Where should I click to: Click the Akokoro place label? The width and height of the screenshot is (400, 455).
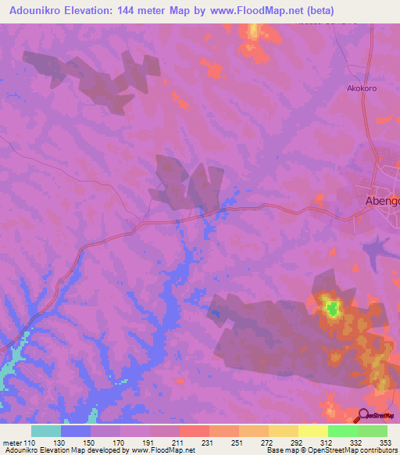coord(362,88)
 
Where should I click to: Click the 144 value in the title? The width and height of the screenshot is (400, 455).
coord(146,11)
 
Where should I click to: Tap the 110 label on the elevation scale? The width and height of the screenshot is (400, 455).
coord(30,443)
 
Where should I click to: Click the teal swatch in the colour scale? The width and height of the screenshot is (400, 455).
coord(46,431)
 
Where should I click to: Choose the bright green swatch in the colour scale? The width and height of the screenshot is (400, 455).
coord(342,431)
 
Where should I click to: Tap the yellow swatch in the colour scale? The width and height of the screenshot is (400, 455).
coord(312,431)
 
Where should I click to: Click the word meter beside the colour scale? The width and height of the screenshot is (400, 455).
coord(11,443)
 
